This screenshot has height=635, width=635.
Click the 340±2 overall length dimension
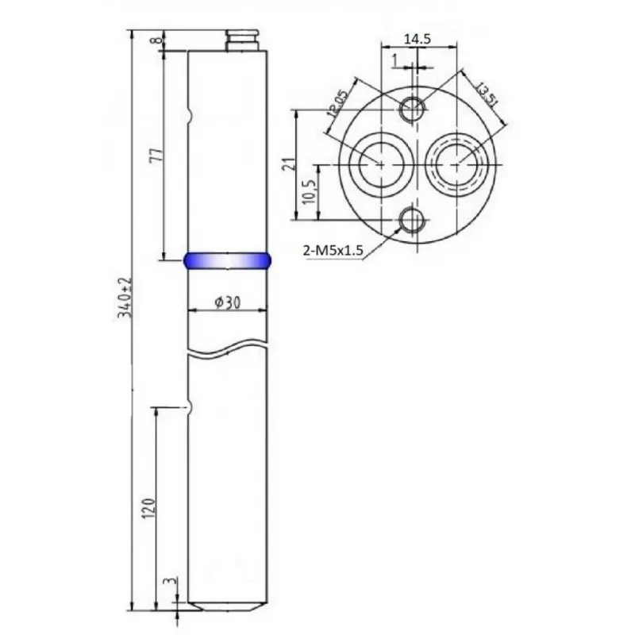click(125, 297)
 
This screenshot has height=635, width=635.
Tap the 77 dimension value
click(156, 155)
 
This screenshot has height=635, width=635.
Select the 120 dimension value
click(148, 508)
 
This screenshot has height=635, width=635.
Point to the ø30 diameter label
click(228, 302)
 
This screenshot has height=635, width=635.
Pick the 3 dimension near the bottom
click(172, 581)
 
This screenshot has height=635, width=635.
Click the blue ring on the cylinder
click(227, 260)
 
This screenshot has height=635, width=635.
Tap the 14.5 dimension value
click(418, 39)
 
